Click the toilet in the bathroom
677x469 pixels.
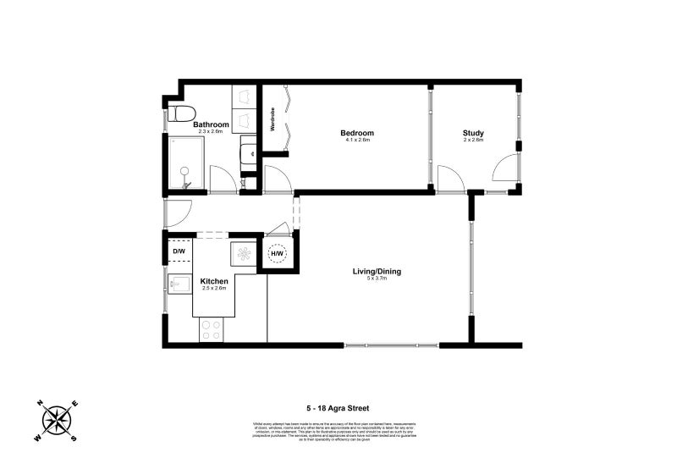[180, 113]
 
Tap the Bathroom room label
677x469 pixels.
[210, 124]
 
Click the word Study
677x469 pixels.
[473, 133]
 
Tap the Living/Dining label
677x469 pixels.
[377, 272]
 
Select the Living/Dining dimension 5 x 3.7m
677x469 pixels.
[377, 279]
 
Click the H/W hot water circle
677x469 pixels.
[277, 253]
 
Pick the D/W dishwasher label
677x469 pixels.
[179, 251]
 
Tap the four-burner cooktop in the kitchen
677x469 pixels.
[211, 331]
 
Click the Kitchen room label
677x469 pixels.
[213, 281]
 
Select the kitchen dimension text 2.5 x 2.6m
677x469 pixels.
[213, 289]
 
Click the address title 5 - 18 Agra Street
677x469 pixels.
[338, 407]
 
